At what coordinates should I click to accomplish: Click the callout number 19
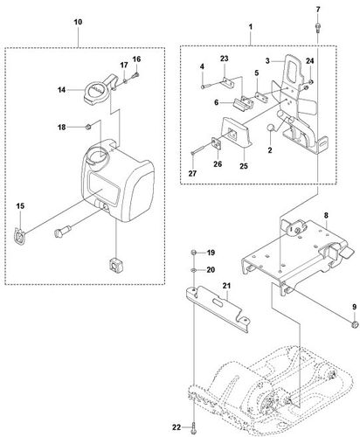click(x=211, y=252)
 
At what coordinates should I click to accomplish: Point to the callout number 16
click(x=136, y=59)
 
